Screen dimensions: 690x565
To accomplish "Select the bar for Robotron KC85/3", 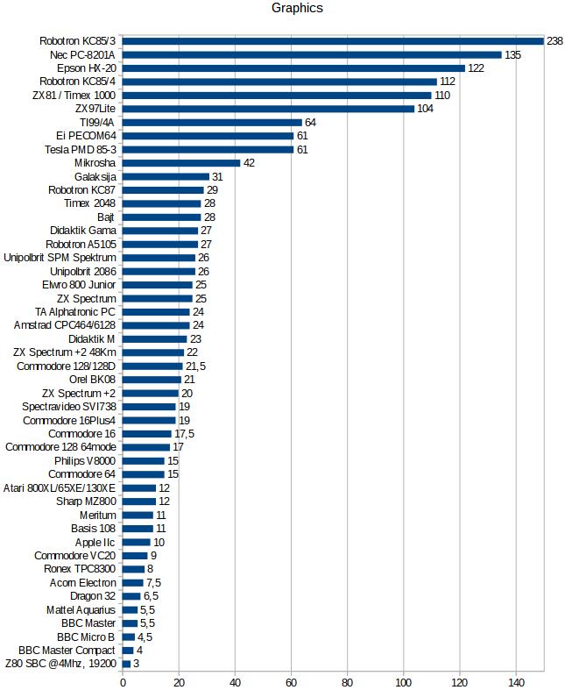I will coord(333,40).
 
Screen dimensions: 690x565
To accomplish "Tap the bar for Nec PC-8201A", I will coord(312,54).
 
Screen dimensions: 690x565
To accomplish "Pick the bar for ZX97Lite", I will coord(268,109).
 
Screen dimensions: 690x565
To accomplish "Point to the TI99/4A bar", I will coord(212,122).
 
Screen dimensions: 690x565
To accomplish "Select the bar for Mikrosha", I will coord(181,162).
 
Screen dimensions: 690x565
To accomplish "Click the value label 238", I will coord(554,41).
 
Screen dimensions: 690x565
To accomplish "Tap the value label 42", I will coord(249,163).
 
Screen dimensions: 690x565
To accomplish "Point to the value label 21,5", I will coord(195,366).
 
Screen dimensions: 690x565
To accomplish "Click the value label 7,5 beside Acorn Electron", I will coord(154,583).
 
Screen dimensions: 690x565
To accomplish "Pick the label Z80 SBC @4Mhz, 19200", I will coord(60,664).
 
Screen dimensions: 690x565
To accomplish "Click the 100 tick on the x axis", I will coord(404,681).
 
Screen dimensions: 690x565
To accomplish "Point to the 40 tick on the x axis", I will coord(235,681).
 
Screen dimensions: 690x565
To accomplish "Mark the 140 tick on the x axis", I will coord(516,681).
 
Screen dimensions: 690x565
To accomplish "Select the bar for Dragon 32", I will coord(131,596).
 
